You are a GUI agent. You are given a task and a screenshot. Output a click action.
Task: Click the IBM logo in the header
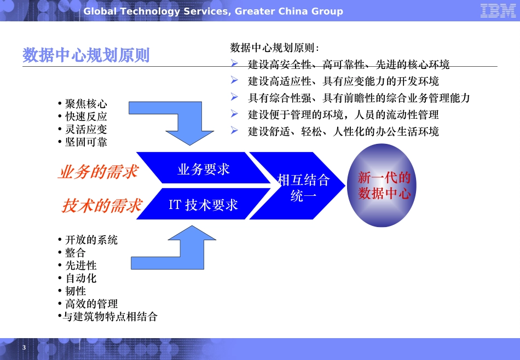click(498, 11)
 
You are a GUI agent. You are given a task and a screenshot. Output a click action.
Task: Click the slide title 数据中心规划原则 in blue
click(86, 55)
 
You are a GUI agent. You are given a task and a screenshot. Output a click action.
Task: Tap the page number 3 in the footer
click(24, 349)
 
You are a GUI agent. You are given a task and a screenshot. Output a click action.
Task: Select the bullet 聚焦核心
click(86, 104)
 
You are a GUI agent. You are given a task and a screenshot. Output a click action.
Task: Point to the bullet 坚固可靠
click(86, 142)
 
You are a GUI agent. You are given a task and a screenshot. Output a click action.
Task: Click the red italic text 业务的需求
click(98, 172)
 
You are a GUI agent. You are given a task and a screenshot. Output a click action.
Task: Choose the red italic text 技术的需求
click(102, 206)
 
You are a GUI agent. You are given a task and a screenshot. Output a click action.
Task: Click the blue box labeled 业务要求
click(204, 169)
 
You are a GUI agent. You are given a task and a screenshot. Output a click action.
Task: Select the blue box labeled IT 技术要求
click(204, 205)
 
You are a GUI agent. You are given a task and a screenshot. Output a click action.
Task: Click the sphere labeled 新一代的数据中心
click(384, 186)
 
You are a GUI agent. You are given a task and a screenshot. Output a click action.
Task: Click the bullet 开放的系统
click(91, 240)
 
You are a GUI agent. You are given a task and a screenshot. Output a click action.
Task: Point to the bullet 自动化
click(80, 278)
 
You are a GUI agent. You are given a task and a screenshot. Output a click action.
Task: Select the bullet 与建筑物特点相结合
click(109, 316)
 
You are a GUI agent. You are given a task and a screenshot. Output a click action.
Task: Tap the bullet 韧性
click(76, 291)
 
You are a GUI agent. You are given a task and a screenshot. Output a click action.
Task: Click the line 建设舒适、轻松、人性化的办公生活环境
click(343, 132)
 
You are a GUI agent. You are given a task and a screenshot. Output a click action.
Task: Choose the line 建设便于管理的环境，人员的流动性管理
click(343, 115)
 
